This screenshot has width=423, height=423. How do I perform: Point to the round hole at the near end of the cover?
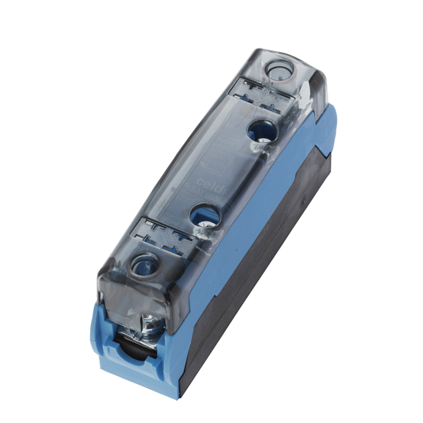[143, 267]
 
